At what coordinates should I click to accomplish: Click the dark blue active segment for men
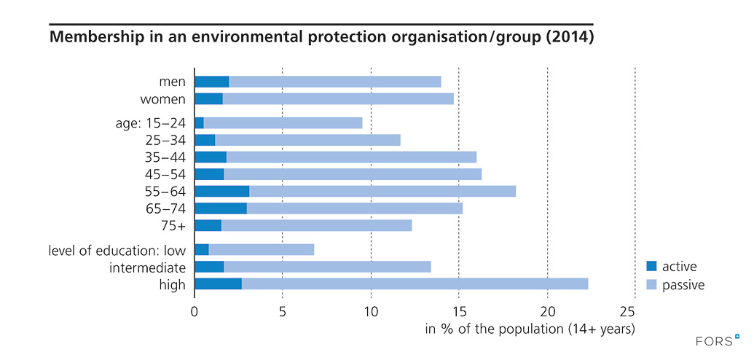(211, 82)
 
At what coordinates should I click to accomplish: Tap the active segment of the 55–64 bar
(221, 191)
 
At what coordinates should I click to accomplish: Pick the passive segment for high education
(415, 284)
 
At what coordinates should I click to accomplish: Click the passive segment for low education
(262, 249)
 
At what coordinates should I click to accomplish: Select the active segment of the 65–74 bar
(220, 208)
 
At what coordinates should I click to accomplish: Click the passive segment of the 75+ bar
(316, 226)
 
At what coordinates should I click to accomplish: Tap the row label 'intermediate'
(147, 267)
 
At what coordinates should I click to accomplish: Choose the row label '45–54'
(166, 174)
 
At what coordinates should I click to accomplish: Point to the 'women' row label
(165, 99)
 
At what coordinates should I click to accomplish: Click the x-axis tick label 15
(459, 312)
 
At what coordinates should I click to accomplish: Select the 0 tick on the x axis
(195, 312)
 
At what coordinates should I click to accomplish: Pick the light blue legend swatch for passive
(651, 285)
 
